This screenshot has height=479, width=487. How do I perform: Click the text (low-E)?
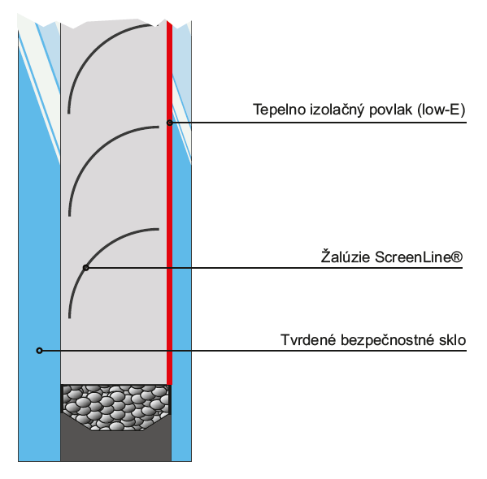coord(441,110)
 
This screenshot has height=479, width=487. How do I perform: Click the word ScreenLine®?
coord(419,257)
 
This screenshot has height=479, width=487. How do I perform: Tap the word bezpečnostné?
coord(388,340)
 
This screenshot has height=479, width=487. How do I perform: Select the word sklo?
coord(453,339)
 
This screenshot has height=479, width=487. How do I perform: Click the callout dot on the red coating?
coord(170,123)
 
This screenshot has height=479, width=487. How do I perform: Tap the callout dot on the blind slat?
coord(86,268)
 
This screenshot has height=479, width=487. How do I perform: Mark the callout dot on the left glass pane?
coord(39,351)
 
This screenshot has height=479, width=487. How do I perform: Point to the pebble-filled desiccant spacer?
coord(115,407)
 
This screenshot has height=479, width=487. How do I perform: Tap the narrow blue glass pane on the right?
coord(181,310)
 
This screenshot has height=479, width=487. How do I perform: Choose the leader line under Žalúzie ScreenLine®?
coord(274,268)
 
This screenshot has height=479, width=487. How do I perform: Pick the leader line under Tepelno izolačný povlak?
coord(318,123)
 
